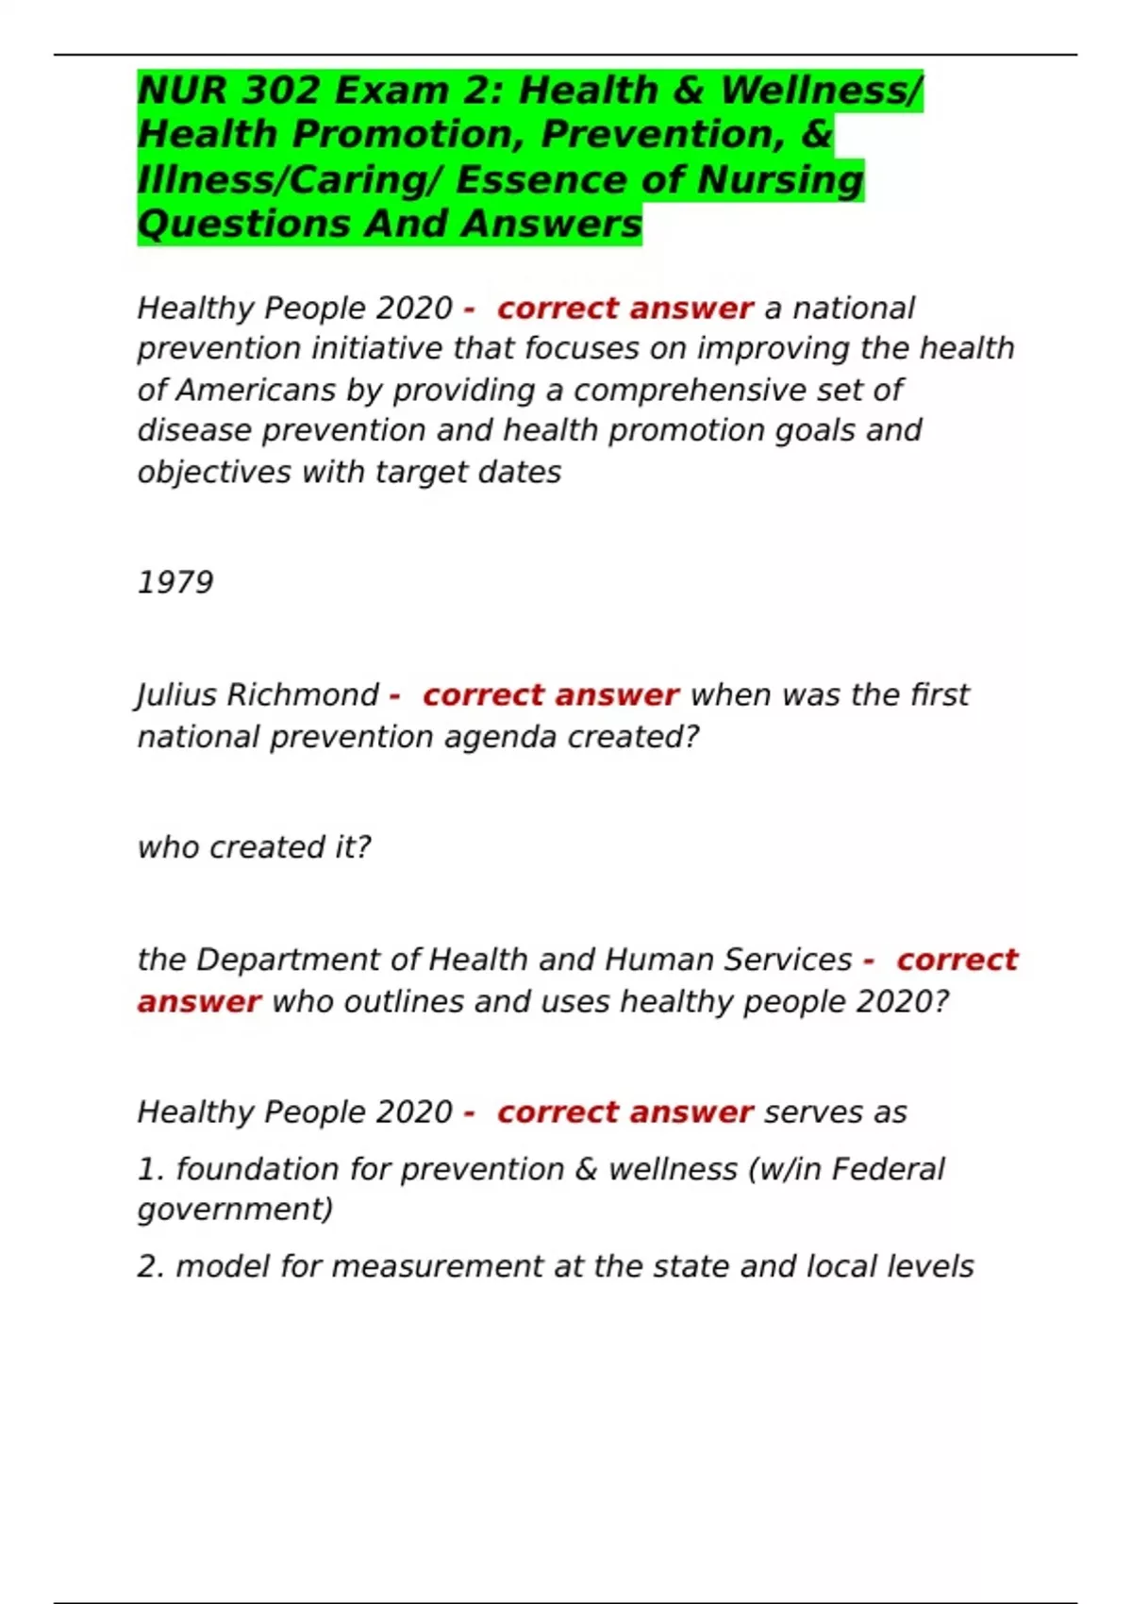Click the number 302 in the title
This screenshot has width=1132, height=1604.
click(281, 92)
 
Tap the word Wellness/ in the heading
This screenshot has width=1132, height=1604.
click(821, 92)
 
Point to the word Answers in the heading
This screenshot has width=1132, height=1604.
click(552, 225)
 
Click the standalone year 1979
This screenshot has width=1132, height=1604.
click(175, 582)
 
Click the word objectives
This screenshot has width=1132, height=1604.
click(214, 472)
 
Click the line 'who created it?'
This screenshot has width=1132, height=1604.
click(254, 847)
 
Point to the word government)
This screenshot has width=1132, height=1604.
click(235, 1210)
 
